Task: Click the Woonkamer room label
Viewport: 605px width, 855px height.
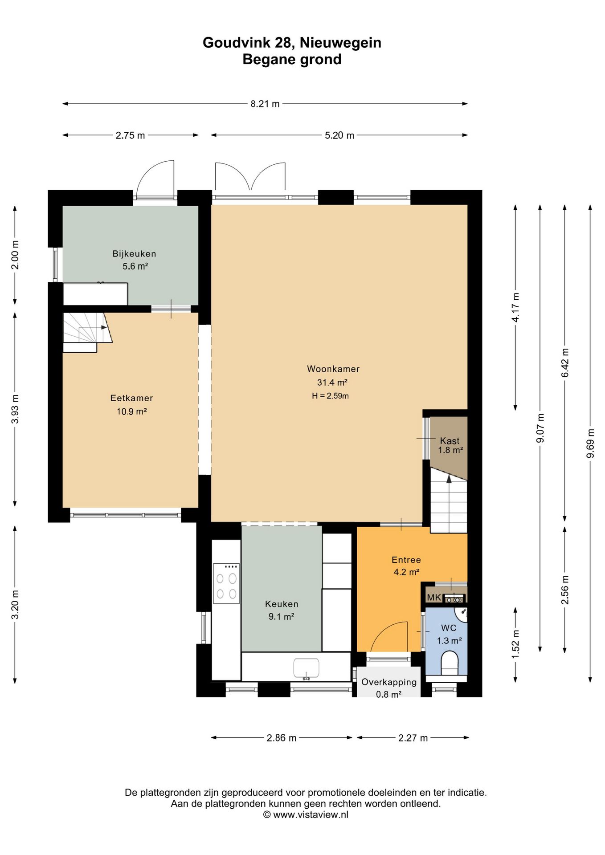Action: (x=333, y=369)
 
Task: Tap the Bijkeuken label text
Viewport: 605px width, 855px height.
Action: (x=134, y=254)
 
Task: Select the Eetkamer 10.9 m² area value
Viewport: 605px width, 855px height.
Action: (x=132, y=411)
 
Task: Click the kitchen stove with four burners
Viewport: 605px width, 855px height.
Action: (x=226, y=583)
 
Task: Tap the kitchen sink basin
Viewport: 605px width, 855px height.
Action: (x=306, y=668)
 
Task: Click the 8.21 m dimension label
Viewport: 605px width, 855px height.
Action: (x=265, y=104)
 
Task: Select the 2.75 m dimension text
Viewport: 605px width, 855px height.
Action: (x=130, y=135)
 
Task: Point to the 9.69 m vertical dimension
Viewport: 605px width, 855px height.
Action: (x=590, y=443)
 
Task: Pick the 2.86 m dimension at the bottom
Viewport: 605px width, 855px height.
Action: (x=282, y=738)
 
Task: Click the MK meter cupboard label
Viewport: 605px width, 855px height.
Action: (x=434, y=597)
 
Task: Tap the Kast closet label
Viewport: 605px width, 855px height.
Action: (x=450, y=441)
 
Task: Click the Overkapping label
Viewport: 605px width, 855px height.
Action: (x=389, y=682)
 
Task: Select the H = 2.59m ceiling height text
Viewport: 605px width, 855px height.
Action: (x=330, y=396)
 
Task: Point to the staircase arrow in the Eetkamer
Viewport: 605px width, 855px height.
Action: (x=94, y=328)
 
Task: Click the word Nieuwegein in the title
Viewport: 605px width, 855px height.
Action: (x=340, y=43)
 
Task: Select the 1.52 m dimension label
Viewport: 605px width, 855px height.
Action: (x=515, y=644)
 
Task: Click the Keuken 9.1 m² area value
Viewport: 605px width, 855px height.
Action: (x=281, y=617)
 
